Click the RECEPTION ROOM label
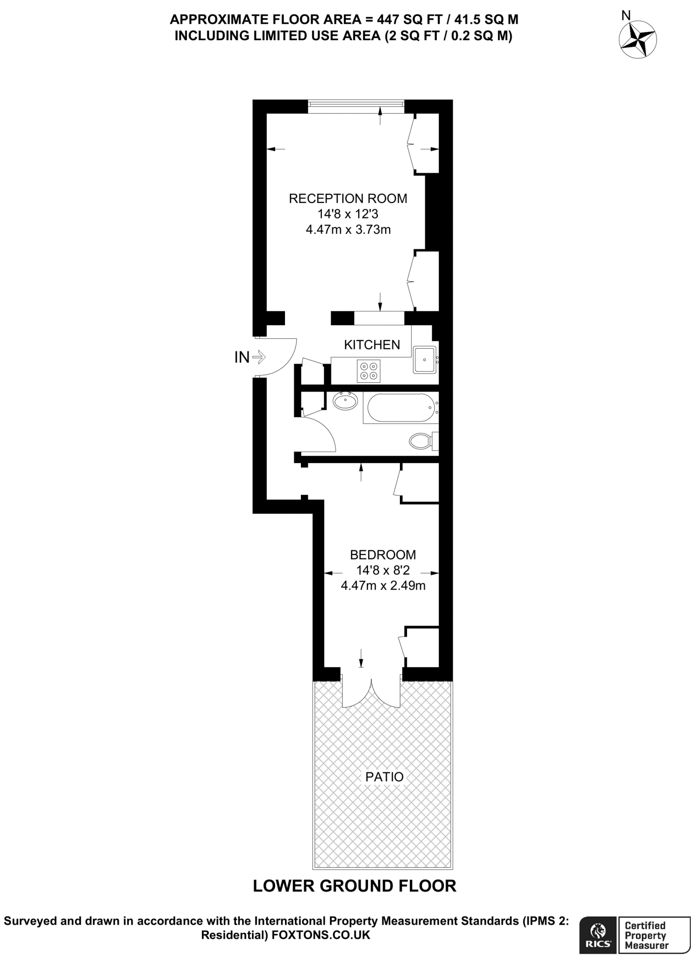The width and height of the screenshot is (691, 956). [348, 198]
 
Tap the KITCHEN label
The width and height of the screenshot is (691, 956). [372, 345]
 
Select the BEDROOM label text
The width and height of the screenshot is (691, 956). [383, 555]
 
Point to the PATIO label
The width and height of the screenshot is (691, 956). [384, 777]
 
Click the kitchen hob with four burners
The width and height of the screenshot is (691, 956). [368, 371]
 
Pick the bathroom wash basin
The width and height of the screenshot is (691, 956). [346, 401]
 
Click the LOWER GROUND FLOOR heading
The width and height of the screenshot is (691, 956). [354, 886]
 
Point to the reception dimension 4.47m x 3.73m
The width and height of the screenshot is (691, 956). [348, 230]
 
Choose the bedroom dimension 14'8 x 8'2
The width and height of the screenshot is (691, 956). [383, 570]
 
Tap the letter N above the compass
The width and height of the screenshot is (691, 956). [625, 15]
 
